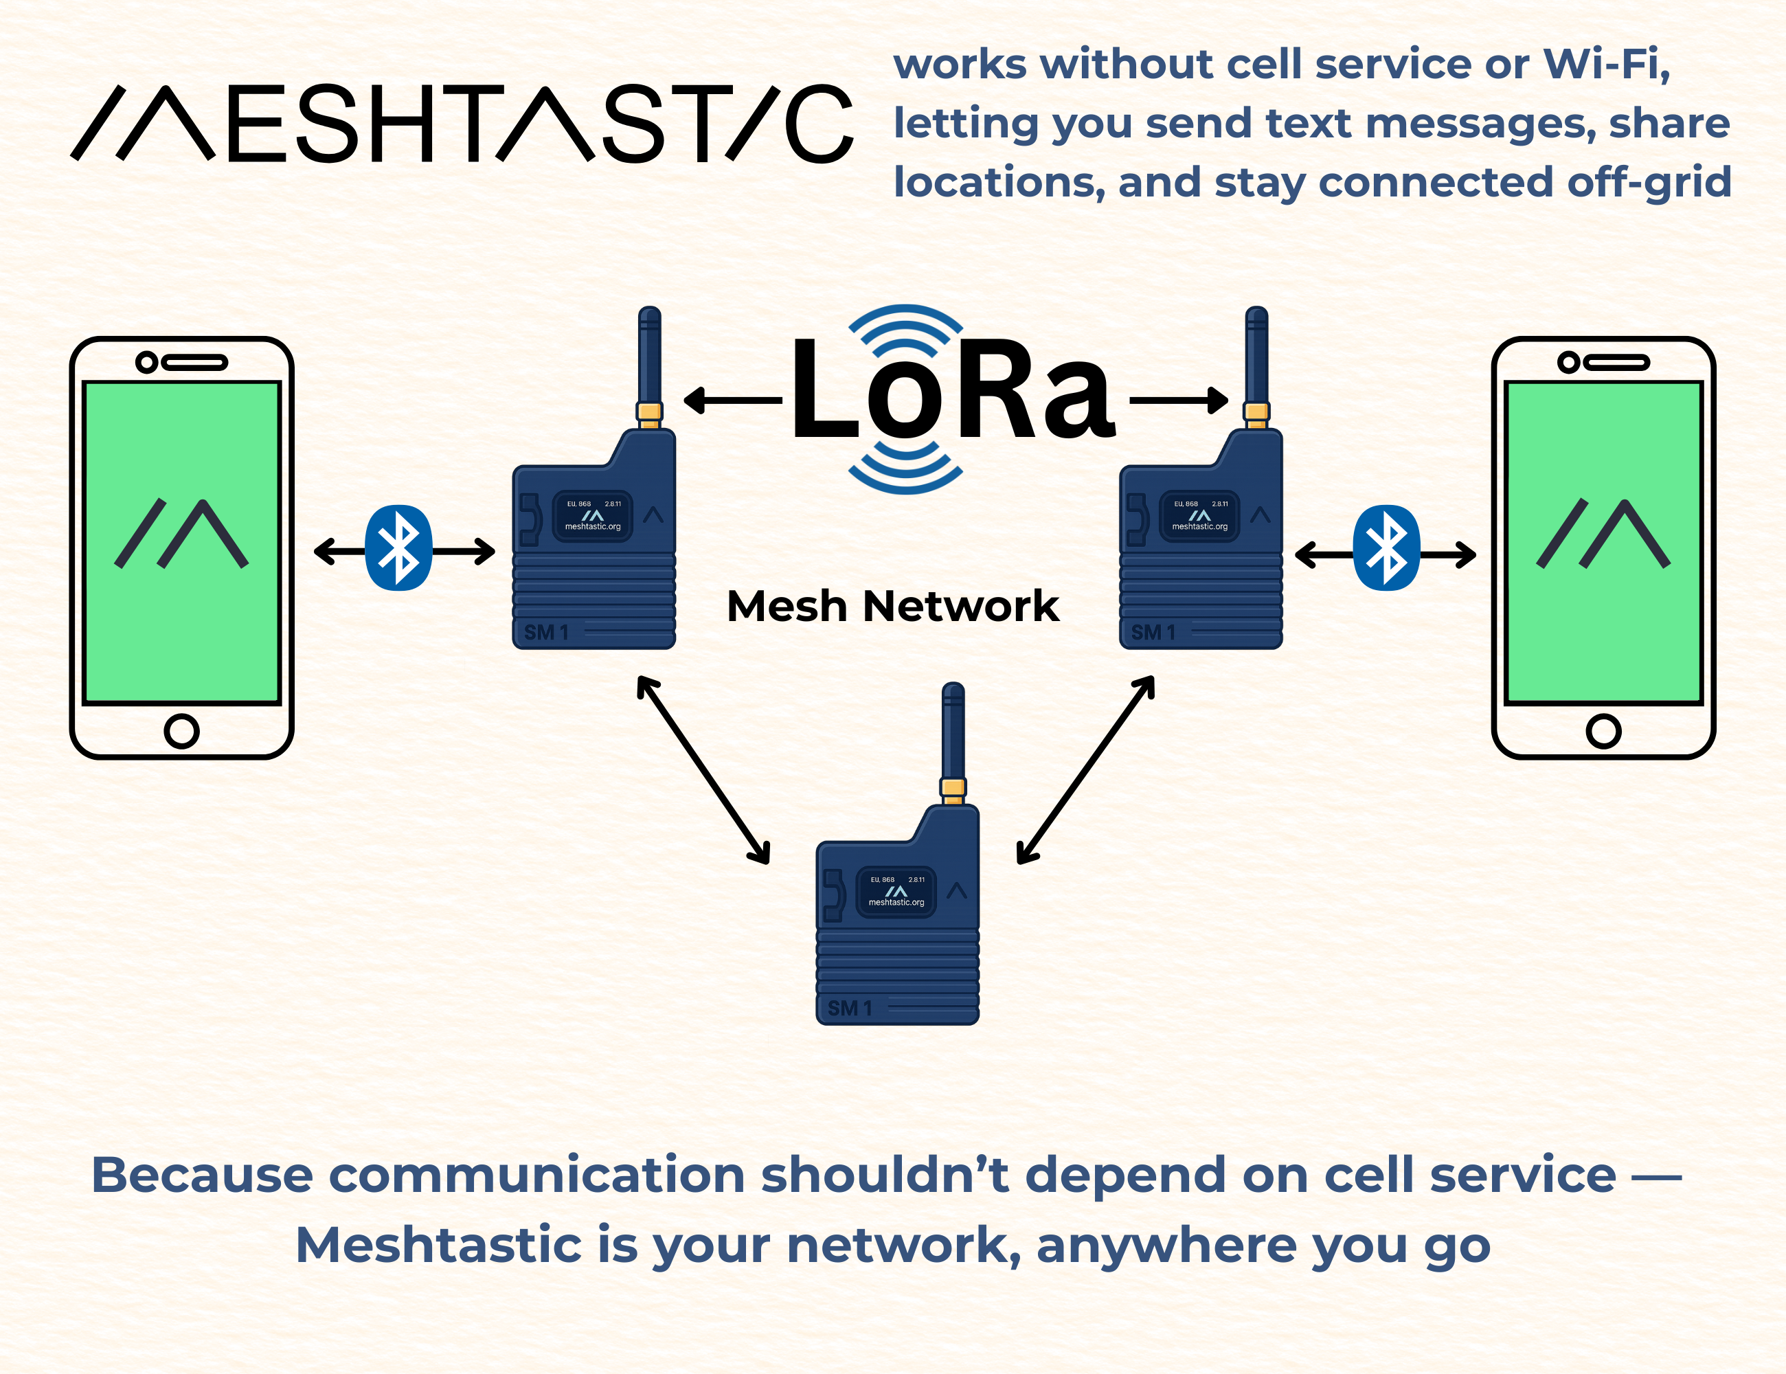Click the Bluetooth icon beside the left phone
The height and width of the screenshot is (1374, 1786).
(x=398, y=548)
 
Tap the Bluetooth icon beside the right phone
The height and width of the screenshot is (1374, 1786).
(x=1386, y=548)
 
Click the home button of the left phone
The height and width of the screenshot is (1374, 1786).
(x=181, y=730)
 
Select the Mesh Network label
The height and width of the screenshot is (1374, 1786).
(x=892, y=607)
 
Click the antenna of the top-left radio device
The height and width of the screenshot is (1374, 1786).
(x=649, y=360)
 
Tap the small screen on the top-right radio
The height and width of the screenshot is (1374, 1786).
(x=1199, y=516)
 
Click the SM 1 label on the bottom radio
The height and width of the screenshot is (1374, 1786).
(x=850, y=1009)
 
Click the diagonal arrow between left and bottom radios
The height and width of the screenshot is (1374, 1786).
(x=704, y=769)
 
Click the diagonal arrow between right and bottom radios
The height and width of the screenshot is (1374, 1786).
(x=1085, y=769)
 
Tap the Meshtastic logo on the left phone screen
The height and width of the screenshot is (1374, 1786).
(x=181, y=533)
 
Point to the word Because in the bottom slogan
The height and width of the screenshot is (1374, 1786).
(x=202, y=1175)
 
